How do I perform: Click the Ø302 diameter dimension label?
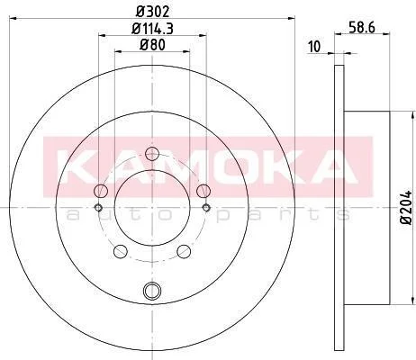click(152, 12)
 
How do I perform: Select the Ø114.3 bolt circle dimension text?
click(152, 29)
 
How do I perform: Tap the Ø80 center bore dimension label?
click(152, 45)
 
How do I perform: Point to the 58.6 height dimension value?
click(362, 28)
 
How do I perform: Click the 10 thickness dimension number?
click(314, 47)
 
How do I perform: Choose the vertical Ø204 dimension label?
click(407, 207)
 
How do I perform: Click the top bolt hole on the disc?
click(152, 154)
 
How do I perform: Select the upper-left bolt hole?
click(101, 191)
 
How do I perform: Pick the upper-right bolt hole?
click(203, 191)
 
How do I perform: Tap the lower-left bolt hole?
click(121, 251)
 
